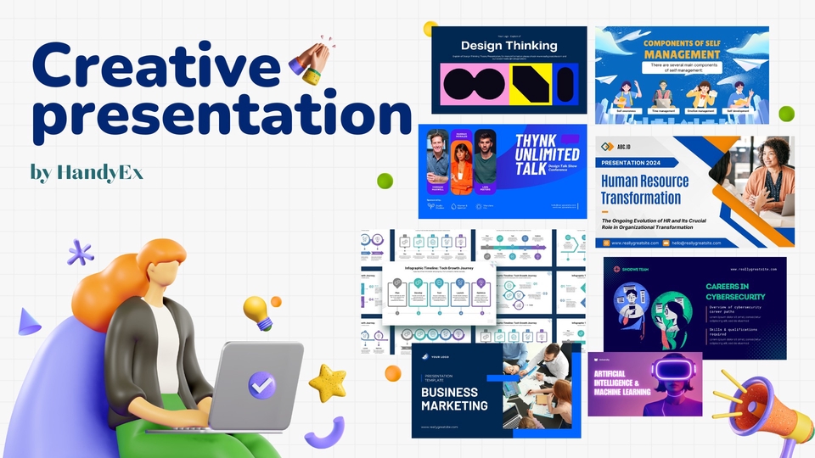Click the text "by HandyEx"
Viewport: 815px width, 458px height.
click(87, 174)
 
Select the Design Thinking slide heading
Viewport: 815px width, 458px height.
click(509, 46)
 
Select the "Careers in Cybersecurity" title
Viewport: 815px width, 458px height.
click(735, 292)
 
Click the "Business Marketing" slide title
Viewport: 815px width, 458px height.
click(455, 399)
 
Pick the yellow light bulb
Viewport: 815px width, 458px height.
click(256, 310)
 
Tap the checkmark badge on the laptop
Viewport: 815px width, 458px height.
click(261, 386)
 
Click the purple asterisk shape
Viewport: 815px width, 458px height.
click(81, 252)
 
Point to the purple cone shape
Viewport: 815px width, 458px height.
click(29, 321)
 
